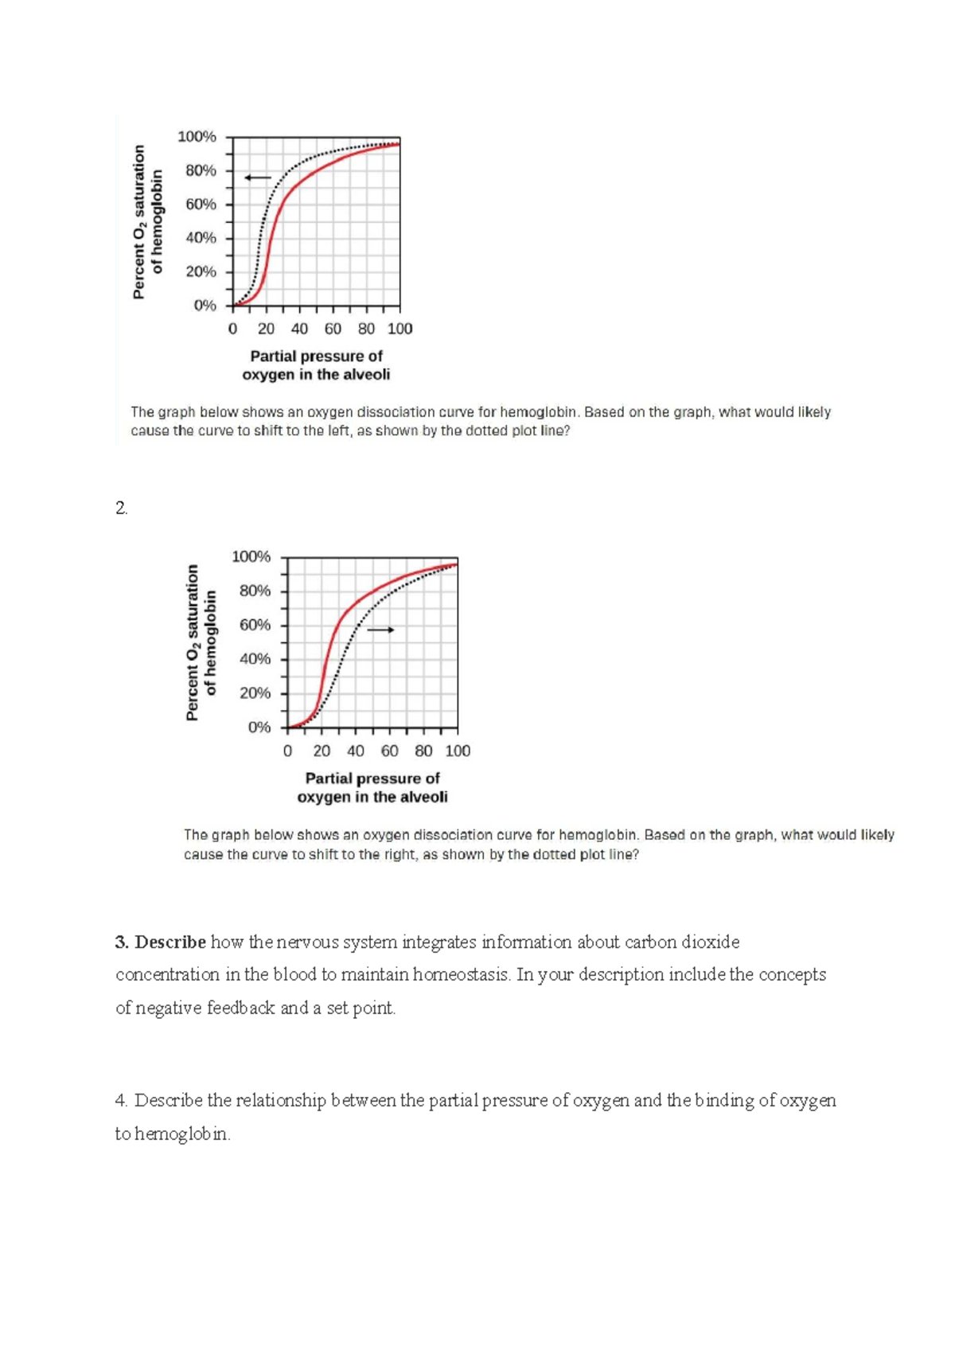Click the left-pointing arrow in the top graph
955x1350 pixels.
click(x=258, y=178)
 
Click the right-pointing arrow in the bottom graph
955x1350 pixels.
click(x=380, y=630)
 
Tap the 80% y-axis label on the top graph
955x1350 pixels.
click(x=201, y=170)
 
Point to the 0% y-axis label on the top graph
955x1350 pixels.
click(x=205, y=306)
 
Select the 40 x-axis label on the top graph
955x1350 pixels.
click(x=299, y=329)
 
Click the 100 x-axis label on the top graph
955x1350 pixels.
click(x=400, y=329)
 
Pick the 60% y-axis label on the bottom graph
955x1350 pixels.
click(x=255, y=625)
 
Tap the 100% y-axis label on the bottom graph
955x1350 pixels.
click(x=251, y=556)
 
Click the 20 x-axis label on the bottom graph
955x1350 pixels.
click(x=322, y=751)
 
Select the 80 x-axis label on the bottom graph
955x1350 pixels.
click(x=423, y=751)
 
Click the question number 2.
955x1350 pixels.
click(x=121, y=509)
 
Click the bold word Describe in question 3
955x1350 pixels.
click(x=170, y=942)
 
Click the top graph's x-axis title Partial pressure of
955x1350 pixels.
click(x=316, y=356)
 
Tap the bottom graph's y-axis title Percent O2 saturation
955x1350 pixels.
click(x=192, y=642)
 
